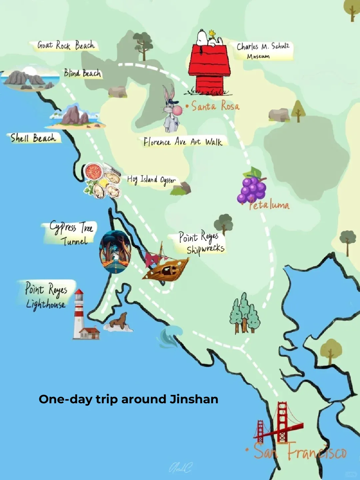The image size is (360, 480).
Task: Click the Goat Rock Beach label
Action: pyautogui.click(x=66, y=45)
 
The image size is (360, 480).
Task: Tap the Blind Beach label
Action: pyautogui.click(x=82, y=73)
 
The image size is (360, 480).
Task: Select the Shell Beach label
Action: pyautogui.click(x=33, y=138)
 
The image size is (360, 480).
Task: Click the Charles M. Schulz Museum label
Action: pyautogui.click(x=263, y=50)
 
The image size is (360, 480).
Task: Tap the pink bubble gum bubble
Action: pyautogui.click(x=178, y=110)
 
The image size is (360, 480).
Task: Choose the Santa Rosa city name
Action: pyautogui.click(x=215, y=106)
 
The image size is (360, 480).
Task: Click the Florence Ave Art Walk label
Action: pyautogui.click(x=183, y=142)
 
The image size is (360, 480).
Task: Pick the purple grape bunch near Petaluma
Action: pyautogui.click(x=252, y=187)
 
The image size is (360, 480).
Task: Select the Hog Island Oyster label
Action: pyautogui.click(x=151, y=180)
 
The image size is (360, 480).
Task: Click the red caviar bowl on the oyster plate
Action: pyautogui.click(x=94, y=171)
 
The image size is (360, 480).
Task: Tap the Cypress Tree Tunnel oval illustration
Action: pyautogui.click(x=115, y=252)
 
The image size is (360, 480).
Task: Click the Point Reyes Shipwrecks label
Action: pyautogui.click(x=201, y=243)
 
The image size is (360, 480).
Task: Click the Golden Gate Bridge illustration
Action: pyautogui.click(x=279, y=424)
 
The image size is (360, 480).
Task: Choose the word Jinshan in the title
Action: pyautogui.click(x=194, y=399)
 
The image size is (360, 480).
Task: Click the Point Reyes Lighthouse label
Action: pyautogui.click(x=46, y=296)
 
